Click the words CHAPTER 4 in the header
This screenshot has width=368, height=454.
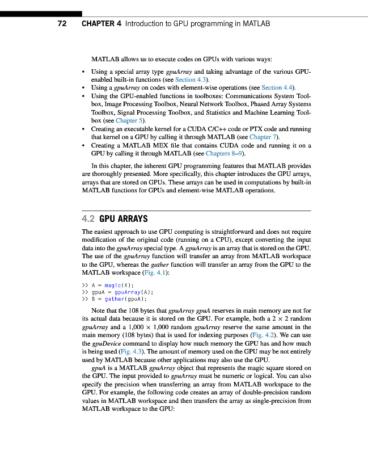pyautogui.click(x=101, y=24)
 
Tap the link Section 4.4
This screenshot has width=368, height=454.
pyautogui.click(x=278, y=88)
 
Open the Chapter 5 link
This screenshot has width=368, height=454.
pyautogui.click(x=130, y=120)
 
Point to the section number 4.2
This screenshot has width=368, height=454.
pyautogui.click(x=88, y=218)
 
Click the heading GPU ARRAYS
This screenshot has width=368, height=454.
pyautogui.click(x=124, y=218)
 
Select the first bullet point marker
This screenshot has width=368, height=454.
pyautogui.click(x=84, y=72)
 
